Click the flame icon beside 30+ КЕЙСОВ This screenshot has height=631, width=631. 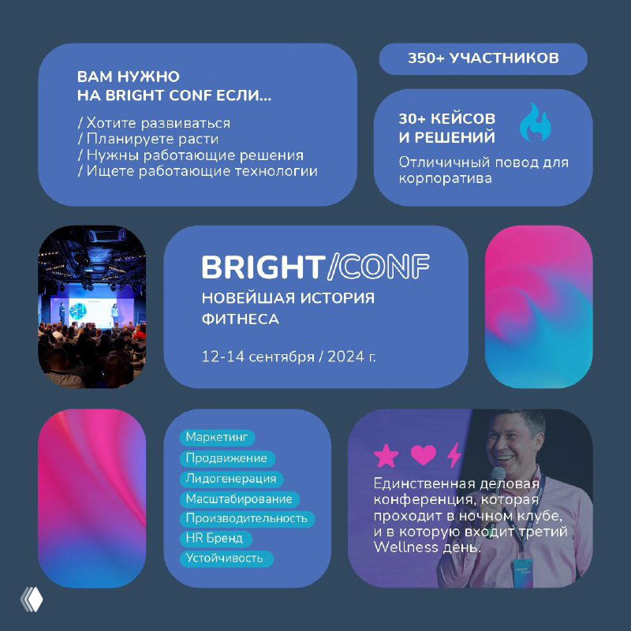click(x=536, y=123)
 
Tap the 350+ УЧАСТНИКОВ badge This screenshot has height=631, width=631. click(x=483, y=58)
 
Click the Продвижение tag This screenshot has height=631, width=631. click(x=226, y=458)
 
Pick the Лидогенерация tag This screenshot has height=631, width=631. click(x=231, y=479)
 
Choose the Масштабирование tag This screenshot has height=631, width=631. click(x=239, y=498)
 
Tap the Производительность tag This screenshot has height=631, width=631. click(x=246, y=519)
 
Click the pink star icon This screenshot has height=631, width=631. click(x=386, y=456)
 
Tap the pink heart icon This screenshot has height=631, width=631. click(x=424, y=455)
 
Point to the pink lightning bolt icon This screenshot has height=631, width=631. click(x=454, y=455)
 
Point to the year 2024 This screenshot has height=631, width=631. click(x=347, y=357)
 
